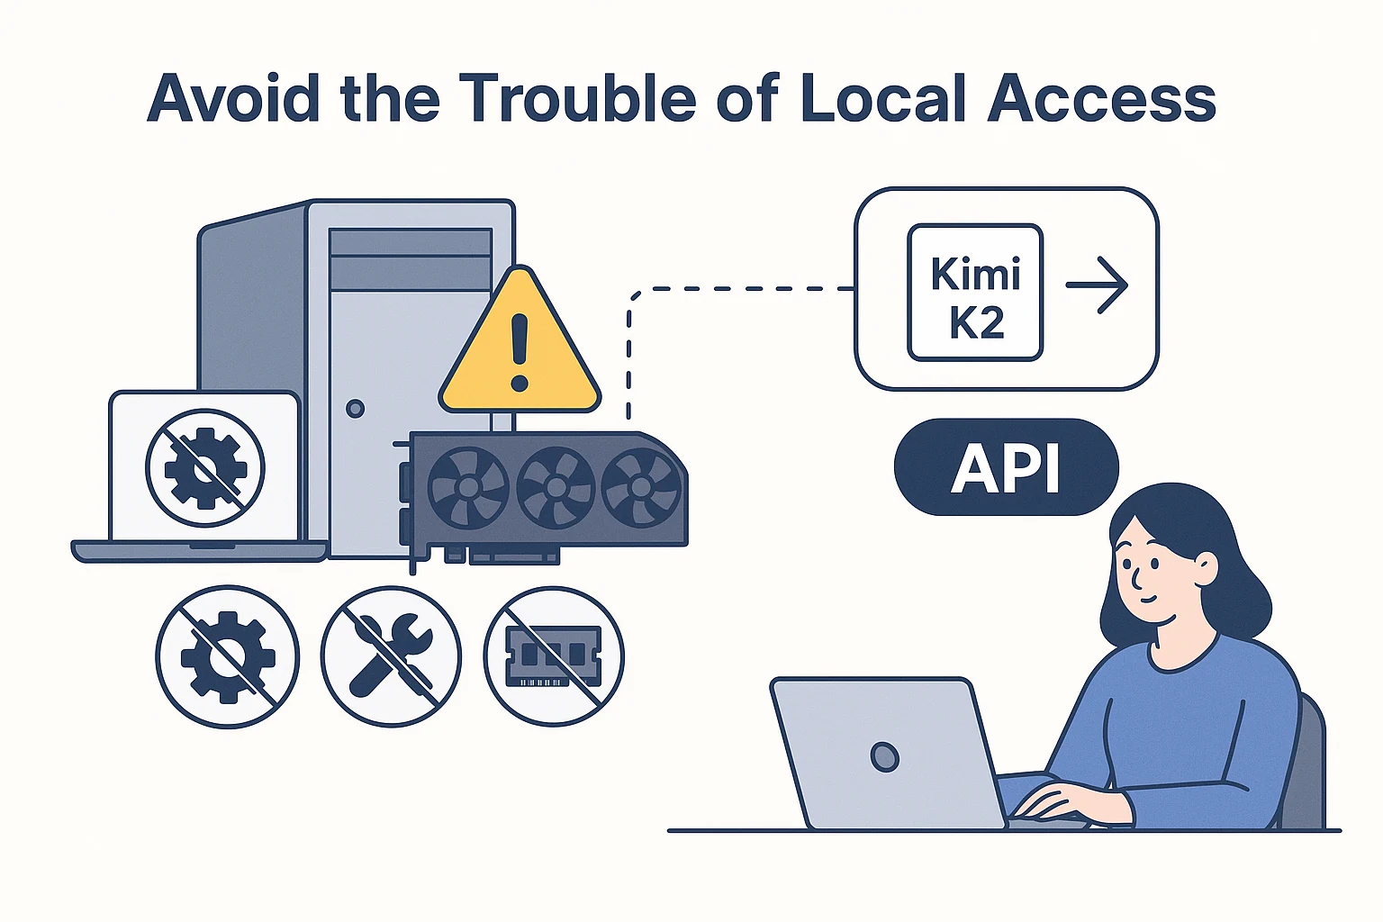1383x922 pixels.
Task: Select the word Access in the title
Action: point(1101,99)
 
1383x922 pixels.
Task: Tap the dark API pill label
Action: point(1006,467)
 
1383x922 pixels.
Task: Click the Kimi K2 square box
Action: point(975,292)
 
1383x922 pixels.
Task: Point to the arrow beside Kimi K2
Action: point(1097,285)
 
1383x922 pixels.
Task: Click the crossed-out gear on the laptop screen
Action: point(205,467)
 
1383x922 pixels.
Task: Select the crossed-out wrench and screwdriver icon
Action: point(391,656)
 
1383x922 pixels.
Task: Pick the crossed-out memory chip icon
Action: point(554,656)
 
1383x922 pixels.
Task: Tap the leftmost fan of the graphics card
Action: point(468,488)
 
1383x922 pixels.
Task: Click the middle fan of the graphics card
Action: point(556,488)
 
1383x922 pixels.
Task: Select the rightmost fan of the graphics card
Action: point(641,488)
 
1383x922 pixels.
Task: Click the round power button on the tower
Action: point(355,408)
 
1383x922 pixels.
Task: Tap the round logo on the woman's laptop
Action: point(885,756)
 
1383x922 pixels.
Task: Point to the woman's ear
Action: point(1205,567)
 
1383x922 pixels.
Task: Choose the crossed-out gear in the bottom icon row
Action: point(228,656)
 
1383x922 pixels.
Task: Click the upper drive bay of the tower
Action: point(411,242)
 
